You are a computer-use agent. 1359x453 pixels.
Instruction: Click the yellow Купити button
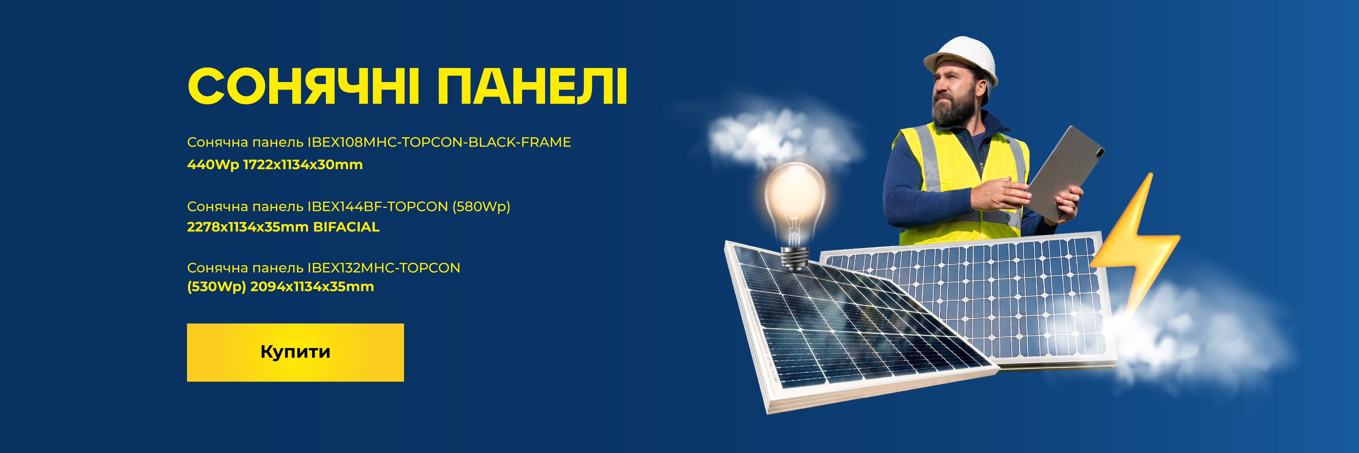(x=295, y=352)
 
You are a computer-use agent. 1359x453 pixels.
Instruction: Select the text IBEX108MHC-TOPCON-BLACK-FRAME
(x=439, y=142)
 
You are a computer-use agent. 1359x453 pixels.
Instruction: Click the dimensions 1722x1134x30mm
(x=303, y=165)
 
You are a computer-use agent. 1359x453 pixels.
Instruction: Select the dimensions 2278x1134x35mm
(x=248, y=227)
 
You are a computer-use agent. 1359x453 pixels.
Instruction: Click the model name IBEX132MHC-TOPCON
(x=384, y=268)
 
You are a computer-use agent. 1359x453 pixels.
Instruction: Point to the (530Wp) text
(x=216, y=287)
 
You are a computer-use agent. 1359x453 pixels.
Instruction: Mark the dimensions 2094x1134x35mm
(x=312, y=287)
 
